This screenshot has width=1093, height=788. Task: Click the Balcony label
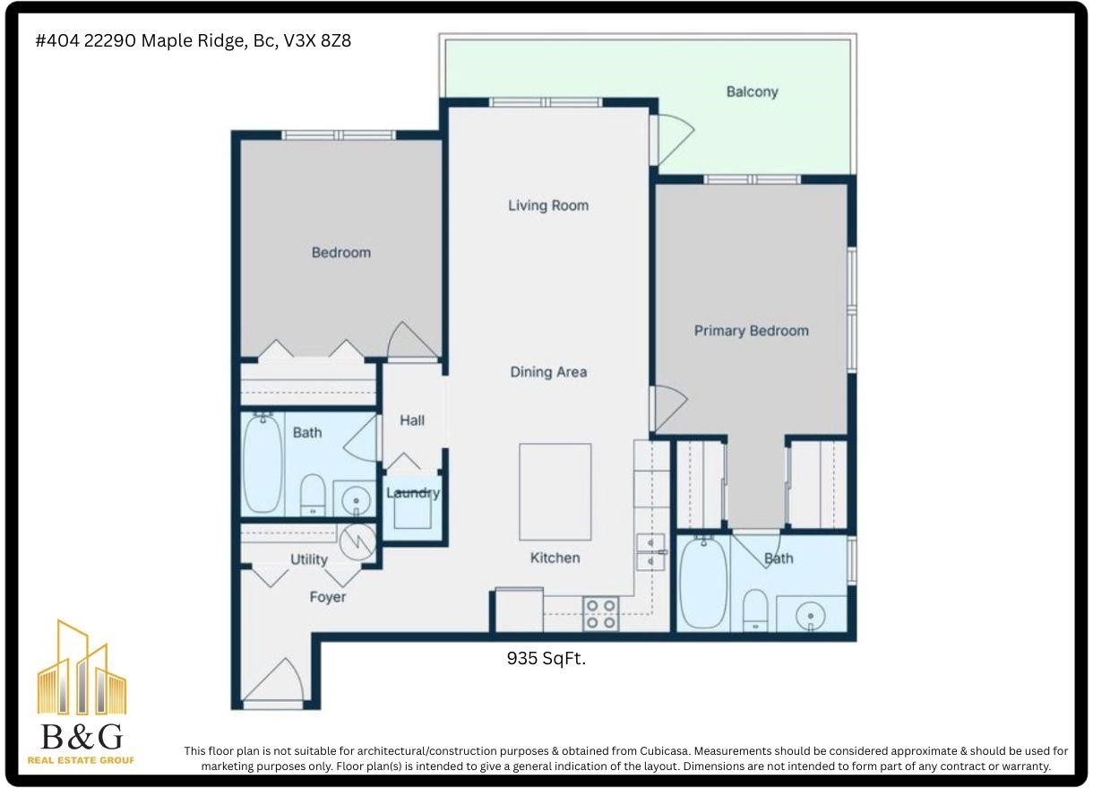pyautogui.click(x=752, y=91)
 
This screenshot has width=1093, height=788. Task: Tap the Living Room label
pyautogui.click(x=548, y=205)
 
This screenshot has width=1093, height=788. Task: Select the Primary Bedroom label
pyautogui.click(x=752, y=331)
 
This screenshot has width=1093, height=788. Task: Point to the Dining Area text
pyautogui.click(x=548, y=372)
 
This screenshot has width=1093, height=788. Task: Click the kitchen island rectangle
pyautogui.click(x=555, y=491)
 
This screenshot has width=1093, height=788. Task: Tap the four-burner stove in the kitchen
pyautogui.click(x=600, y=614)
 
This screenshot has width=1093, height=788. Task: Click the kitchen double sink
pyautogui.click(x=650, y=552)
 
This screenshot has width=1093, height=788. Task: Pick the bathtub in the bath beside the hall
pyautogui.click(x=263, y=463)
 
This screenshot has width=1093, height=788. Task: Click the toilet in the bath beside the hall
pyautogui.click(x=313, y=496)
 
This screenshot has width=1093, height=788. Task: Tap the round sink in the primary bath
pyautogui.click(x=811, y=616)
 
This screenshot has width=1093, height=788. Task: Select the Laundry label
pyautogui.click(x=413, y=493)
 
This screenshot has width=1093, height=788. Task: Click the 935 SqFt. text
pyautogui.click(x=546, y=659)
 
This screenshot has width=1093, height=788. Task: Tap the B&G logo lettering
pyautogui.click(x=82, y=736)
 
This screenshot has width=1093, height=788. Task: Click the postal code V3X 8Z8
pyautogui.click(x=317, y=41)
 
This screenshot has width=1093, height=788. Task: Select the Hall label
pyautogui.click(x=412, y=420)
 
